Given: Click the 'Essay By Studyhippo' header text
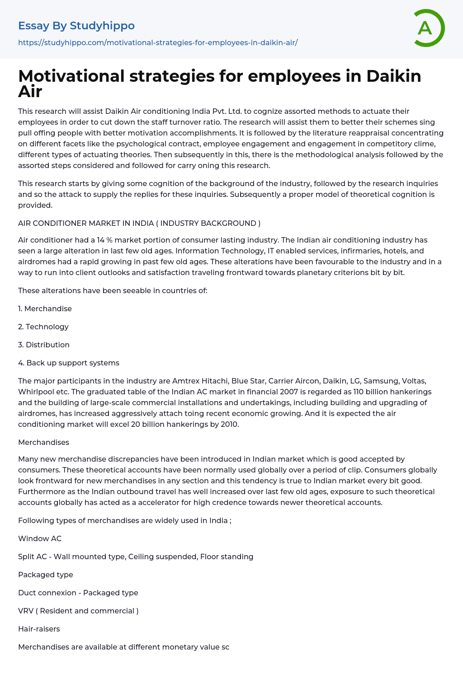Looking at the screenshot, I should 76,26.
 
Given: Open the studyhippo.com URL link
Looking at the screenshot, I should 158,43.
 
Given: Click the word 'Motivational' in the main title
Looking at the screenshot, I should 71,76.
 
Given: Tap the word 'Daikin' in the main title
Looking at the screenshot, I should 393,76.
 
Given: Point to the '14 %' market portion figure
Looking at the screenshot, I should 104,240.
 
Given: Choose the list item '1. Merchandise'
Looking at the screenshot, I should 45,309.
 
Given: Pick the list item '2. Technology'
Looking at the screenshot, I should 43,327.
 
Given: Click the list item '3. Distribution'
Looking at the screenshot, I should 44,345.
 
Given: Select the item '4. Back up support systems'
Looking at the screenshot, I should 69,363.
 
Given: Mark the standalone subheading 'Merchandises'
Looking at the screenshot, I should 43,443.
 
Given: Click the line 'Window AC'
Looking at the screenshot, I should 40,539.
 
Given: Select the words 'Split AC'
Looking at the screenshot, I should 32,557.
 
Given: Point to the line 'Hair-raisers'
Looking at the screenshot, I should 39,629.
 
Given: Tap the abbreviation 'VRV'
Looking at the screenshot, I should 25,611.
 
